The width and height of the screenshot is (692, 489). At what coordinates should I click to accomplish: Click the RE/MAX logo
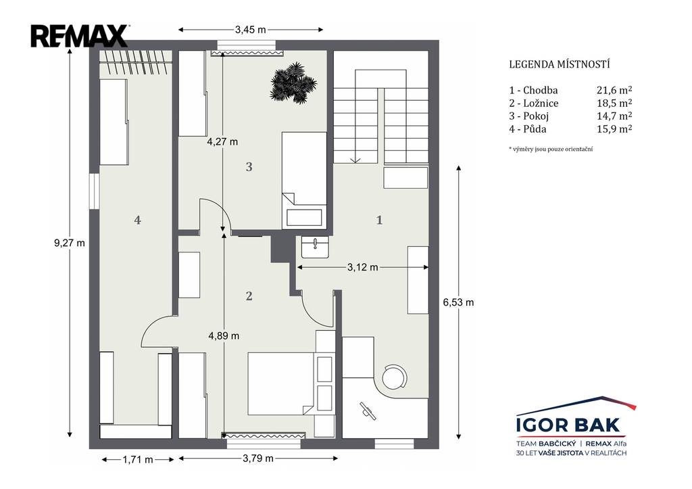[x=80, y=37]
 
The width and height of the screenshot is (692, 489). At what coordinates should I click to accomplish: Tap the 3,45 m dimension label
[x=250, y=30]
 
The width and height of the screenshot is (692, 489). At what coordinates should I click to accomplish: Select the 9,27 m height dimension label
[x=70, y=243]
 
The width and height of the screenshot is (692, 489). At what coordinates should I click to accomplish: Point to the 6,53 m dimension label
[x=459, y=302]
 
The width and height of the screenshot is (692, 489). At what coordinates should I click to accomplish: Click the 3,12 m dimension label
[x=362, y=267]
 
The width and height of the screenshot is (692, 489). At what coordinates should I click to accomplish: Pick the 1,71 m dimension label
[x=138, y=460]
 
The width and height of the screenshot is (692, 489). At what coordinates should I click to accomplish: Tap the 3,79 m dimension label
[x=258, y=459]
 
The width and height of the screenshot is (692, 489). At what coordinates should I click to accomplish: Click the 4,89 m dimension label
[x=224, y=336]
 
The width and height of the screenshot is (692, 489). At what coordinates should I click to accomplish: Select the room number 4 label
[x=138, y=220]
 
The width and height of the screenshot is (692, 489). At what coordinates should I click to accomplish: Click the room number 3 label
[x=249, y=167]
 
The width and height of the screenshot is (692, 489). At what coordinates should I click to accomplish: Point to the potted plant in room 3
[x=293, y=83]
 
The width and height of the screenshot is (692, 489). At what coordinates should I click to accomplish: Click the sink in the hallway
[x=315, y=248]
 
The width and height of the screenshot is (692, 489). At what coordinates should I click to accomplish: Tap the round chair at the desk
[x=394, y=377]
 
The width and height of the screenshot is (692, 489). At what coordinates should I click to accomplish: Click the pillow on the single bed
[x=304, y=218]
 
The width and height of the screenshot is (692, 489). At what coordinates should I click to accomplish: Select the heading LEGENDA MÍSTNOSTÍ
[x=559, y=64]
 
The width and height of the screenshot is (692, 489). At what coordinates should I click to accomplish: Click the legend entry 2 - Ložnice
[x=534, y=103]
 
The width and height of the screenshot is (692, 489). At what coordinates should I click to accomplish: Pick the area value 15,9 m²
[x=614, y=129]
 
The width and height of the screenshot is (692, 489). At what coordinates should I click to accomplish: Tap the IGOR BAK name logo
[x=568, y=425]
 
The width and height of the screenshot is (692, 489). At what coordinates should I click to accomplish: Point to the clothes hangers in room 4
[x=135, y=62]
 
